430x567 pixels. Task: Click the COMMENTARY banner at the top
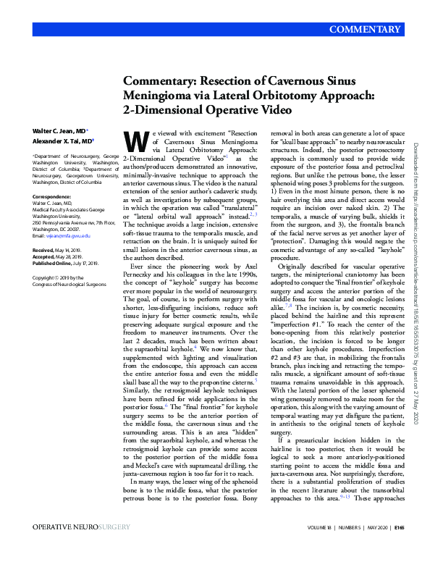click(x=364, y=30)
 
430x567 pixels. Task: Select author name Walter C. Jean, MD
click(x=59, y=131)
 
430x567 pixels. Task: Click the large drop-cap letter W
click(x=133, y=140)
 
